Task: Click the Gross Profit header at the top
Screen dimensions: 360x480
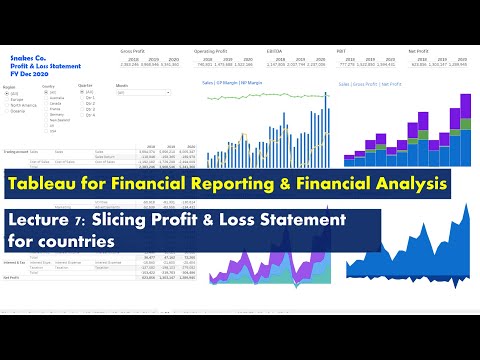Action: coord(132,49)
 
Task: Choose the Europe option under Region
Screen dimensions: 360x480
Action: coord(18,99)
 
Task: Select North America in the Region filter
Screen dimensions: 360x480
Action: coord(24,105)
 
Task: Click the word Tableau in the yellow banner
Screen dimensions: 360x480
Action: coord(51,184)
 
